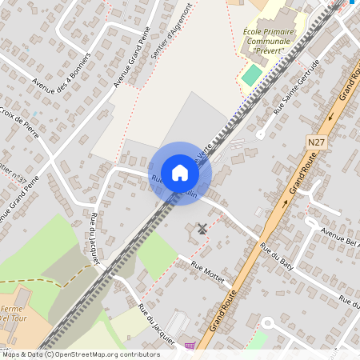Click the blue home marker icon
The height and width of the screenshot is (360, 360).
click(x=180, y=172)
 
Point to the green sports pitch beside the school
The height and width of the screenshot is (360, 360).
click(x=251, y=76)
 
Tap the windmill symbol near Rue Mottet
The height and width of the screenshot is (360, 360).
click(x=202, y=229)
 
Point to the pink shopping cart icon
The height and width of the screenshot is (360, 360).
click(x=190, y=346)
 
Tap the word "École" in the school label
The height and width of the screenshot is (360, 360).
click(x=258, y=32)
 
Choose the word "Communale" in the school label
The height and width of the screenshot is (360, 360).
click(x=268, y=41)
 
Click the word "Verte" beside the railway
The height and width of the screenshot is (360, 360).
click(x=206, y=150)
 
